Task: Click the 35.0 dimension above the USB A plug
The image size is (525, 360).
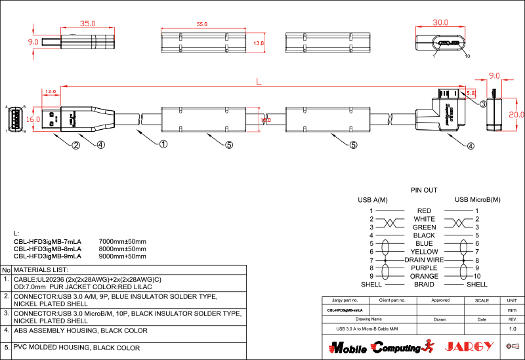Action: (87, 23)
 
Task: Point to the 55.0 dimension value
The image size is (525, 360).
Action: (201, 24)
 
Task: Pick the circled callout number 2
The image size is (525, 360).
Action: (76, 146)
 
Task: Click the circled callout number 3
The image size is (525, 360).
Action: (482, 104)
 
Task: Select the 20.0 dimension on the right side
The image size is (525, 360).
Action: (517, 114)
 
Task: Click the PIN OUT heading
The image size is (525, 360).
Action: (424, 190)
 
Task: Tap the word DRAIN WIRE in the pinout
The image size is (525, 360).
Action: (424, 260)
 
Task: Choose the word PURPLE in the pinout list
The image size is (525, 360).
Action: (424, 268)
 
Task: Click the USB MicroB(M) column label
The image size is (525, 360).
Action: (477, 199)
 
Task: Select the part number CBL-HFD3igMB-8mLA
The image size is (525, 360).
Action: (47, 249)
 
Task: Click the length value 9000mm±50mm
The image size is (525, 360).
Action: (122, 256)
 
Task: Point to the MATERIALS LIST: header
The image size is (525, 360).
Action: (41, 270)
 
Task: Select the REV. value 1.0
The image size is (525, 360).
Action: (513, 329)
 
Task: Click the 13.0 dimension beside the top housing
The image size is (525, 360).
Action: (258, 43)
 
